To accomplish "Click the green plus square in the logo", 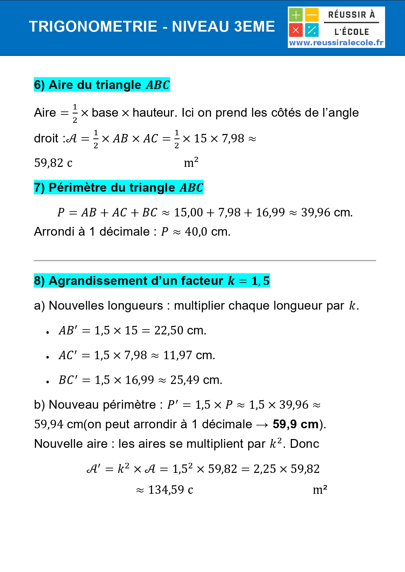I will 296,15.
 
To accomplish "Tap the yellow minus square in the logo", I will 312,15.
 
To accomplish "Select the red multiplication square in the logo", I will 296,30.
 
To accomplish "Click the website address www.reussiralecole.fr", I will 336,43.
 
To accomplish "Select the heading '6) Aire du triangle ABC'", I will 102,85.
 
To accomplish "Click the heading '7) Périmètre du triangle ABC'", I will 118,187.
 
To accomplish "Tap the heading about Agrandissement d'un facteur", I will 152,281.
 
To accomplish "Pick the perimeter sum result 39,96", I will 316,213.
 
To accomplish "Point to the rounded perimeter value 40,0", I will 196,232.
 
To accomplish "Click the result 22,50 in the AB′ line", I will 169,330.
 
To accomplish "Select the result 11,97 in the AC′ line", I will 177,355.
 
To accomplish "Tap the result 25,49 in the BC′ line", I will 185,380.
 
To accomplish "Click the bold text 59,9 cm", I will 295,424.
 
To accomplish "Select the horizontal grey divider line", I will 205,260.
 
